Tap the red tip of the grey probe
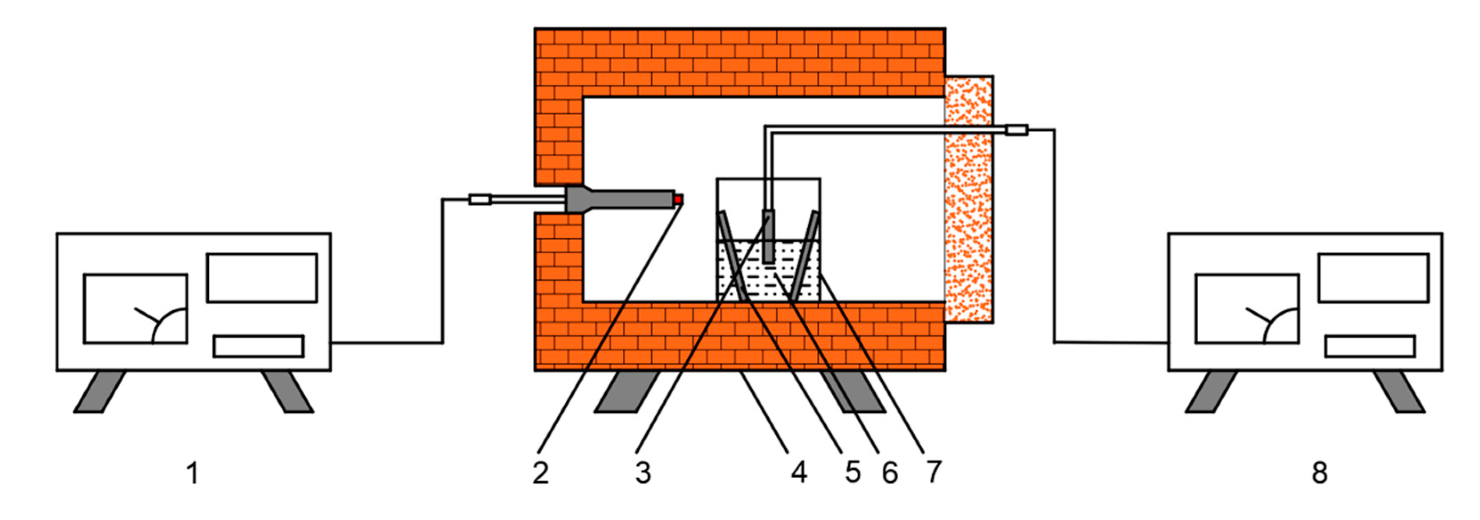(x=678, y=199)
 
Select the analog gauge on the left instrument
(x=136, y=309)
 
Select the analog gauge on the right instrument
(x=1247, y=309)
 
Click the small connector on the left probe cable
(x=480, y=200)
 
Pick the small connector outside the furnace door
(x=1017, y=130)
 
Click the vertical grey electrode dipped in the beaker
(x=768, y=236)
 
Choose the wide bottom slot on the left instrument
(x=259, y=346)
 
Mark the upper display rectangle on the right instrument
(x=1373, y=277)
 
